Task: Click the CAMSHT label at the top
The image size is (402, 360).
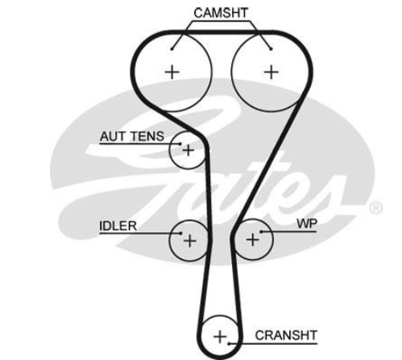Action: [221, 13]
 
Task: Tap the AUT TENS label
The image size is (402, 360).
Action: [132, 136]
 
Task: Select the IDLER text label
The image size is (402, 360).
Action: [118, 226]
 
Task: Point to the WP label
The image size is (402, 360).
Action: [307, 224]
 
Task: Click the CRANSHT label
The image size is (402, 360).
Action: [286, 335]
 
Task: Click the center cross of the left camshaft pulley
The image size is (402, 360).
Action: [172, 72]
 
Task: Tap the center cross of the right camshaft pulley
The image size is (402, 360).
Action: [271, 72]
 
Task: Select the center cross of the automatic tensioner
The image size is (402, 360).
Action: [188, 150]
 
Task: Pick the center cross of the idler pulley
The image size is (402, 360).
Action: [189, 240]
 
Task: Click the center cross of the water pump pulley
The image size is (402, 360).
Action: [252, 239]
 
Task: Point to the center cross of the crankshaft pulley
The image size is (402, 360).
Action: [220, 337]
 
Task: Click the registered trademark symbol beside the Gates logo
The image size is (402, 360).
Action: [375, 208]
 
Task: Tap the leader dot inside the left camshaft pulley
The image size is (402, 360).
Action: [172, 49]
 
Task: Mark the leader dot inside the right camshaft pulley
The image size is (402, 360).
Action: [271, 49]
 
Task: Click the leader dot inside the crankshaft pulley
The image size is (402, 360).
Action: [229, 343]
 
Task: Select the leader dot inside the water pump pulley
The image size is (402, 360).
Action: [261, 231]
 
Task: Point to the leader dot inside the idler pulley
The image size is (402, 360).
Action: [181, 233]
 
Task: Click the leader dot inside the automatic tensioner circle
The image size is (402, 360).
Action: [180, 144]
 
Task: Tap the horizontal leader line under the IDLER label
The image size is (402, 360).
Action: [140, 233]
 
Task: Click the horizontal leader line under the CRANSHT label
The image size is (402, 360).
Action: [273, 343]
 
